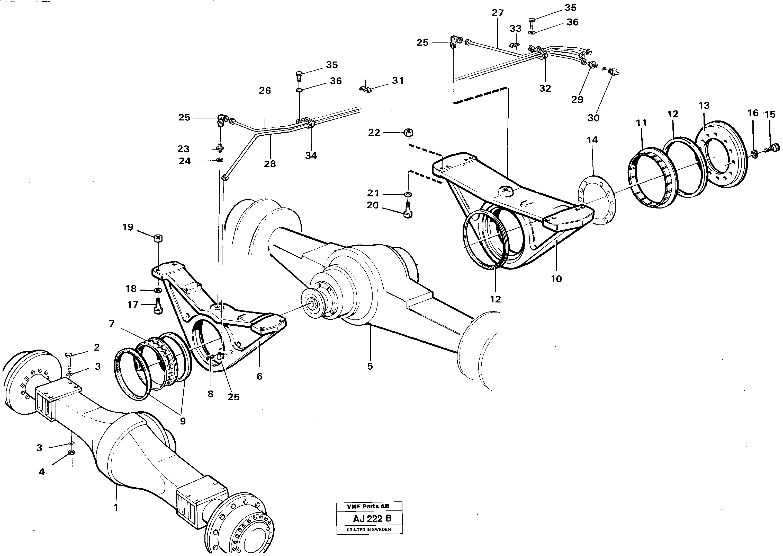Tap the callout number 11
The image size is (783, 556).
click(x=642, y=123)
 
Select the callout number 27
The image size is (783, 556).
click(x=498, y=13)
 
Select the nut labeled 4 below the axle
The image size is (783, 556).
click(x=71, y=452)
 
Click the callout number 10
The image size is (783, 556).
click(x=556, y=279)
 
